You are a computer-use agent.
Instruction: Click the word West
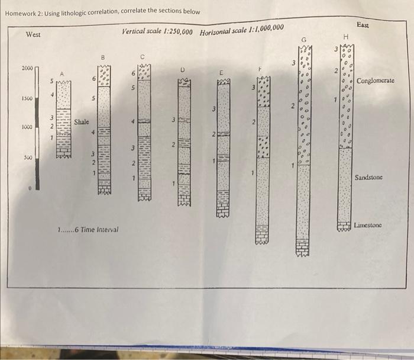[33, 34]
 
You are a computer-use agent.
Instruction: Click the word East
[363, 25]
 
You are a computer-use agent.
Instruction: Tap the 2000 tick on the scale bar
[37, 67]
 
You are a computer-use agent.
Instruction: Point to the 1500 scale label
[27, 98]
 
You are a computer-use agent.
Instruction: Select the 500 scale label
[28, 157]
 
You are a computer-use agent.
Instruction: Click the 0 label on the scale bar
[30, 188]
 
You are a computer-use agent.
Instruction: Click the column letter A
[62, 74]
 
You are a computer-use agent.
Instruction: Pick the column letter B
[103, 57]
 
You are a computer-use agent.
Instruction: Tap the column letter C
[143, 57]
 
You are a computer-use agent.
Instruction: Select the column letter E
[221, 72]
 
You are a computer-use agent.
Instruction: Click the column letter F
[260, 69]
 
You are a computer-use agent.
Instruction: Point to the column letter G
[304, 40]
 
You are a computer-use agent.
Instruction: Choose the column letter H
[346, 37]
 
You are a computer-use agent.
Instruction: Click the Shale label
[82, 122]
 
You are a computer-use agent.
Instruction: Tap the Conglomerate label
[376, 81]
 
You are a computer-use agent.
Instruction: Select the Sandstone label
[368, 178]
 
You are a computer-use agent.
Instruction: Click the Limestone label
[368, 225]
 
